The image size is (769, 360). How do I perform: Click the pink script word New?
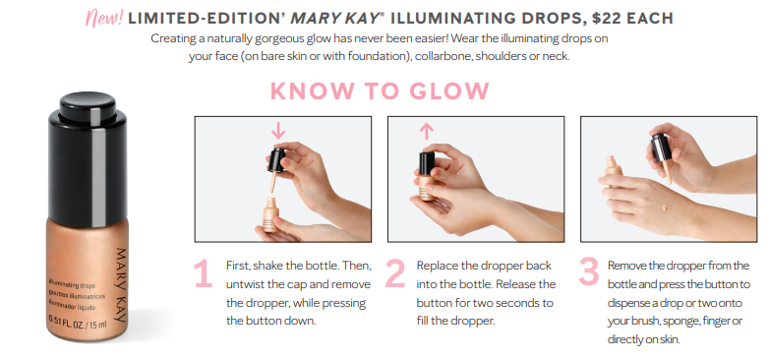(x=104, y=18)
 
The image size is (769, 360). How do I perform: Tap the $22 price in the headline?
(x=606, y=18)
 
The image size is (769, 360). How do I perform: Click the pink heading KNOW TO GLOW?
(x=380, y=90)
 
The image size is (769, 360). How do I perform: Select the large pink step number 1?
(x=203, y=273)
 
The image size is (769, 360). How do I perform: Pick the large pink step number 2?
(x=395, y=273)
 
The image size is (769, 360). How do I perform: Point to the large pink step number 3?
(x=588, y=271)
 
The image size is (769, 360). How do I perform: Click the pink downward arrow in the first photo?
(x=278, y=130)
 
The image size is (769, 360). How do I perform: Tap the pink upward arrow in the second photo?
(x=427, y=132)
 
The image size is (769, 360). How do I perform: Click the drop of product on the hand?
(x=665, y=208)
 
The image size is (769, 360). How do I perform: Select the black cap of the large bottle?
(x=88, y=158)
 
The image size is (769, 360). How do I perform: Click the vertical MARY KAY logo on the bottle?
(x=121, y=285)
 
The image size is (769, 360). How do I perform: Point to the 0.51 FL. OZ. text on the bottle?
(x=67, y=322)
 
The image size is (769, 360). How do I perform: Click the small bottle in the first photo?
(x=270, y=214)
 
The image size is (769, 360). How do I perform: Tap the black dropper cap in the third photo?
(x=661, y=147)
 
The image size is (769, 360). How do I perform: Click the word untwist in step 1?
(x=243, y=284)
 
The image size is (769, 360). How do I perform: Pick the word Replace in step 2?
(x=437, y=266)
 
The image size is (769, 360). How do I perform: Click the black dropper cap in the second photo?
(x=427, y=164)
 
